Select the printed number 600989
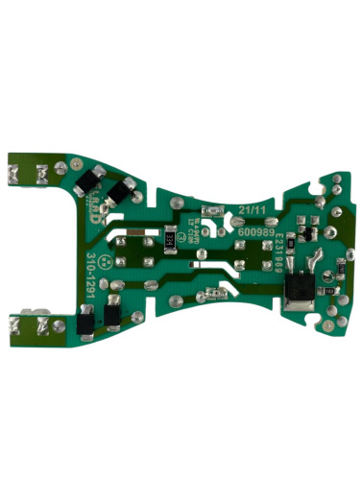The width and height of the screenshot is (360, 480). click(252, 233)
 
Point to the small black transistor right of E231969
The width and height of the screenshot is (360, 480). click(305, 232)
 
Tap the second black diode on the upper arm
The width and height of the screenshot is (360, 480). click(119, 192)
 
